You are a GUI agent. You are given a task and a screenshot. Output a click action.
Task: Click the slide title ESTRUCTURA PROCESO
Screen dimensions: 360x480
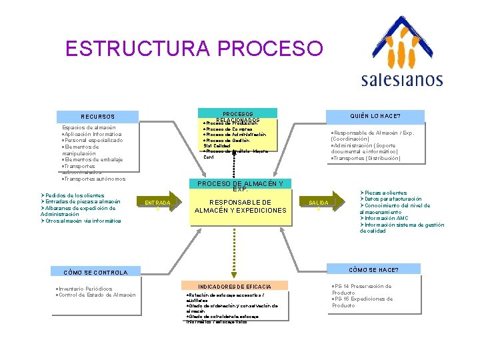(x=194, y=49)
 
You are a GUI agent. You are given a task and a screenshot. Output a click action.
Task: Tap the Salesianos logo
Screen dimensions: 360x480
(x=401, y=53)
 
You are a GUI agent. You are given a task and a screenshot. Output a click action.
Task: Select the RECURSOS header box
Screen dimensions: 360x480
(x=98, y=116)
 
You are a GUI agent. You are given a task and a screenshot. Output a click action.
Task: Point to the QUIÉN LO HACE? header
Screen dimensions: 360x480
(x=375, y=115)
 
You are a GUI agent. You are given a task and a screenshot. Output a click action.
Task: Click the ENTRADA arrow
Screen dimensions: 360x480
(x=158, y=203)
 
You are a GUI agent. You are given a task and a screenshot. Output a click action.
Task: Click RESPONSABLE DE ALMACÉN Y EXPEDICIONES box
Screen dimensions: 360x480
(x=240, y=207)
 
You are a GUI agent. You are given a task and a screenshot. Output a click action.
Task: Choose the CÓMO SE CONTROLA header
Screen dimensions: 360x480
(x=95, y=272)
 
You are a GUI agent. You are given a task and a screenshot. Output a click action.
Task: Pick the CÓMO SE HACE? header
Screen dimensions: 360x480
(x=374, y=270)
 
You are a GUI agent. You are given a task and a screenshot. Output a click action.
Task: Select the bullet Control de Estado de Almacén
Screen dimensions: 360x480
(x=97, y=295)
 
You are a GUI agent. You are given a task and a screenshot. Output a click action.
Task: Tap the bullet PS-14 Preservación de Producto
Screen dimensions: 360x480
(x=363, y=289)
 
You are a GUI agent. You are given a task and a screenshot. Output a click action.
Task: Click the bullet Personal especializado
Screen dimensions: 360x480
(x=93, y=141)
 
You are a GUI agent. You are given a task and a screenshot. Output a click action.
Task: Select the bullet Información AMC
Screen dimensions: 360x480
(x=386, y=219)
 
